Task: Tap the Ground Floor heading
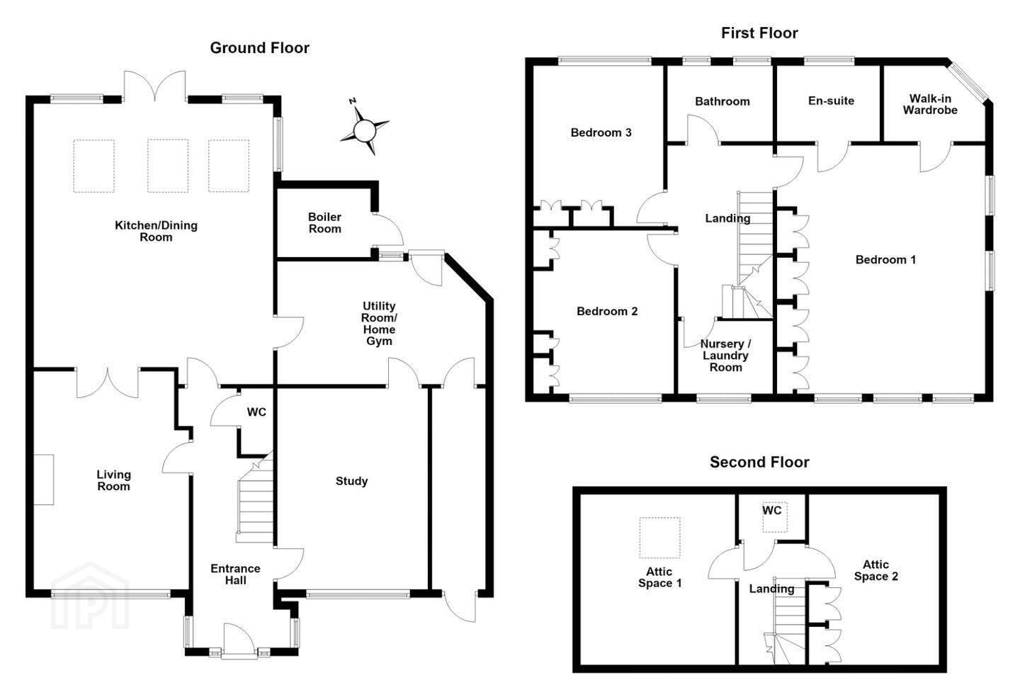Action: point(259,48)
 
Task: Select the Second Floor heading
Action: point(759,463)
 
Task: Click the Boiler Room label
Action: point(324,222)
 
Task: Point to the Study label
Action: point(351,481)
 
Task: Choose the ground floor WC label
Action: point(256,412)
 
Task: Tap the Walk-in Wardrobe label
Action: point(930,104)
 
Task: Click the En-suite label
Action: point(831,101)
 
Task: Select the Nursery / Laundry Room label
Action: point(725,356)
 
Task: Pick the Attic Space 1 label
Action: point(660,577)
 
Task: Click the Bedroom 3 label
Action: point(601,132)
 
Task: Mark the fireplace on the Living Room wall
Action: point(44,480)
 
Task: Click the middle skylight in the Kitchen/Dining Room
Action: point(168,166)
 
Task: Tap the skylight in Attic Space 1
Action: point(660,538)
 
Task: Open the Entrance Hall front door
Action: point(239,640)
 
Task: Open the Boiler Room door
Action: point(387,230)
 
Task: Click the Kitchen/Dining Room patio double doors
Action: point(155,86)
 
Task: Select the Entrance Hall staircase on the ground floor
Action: point(255,498)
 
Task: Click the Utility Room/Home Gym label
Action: point(379,324)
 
